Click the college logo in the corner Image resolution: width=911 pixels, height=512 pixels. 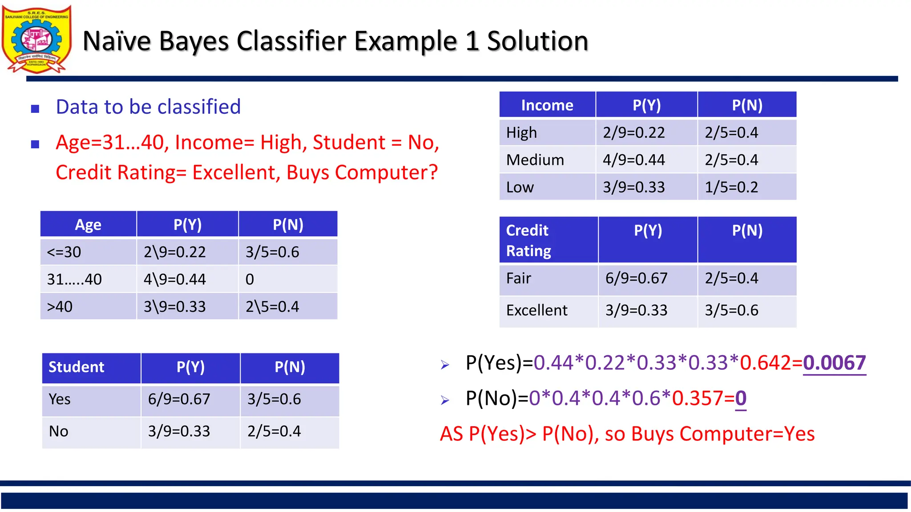click(36, 39)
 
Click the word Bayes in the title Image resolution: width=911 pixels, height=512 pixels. click(194, 41)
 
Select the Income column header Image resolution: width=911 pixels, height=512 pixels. click(547, 105)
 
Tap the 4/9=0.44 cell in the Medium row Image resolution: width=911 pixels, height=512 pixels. click(633, 160)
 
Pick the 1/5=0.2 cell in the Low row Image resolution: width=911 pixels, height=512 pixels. click(731, 187)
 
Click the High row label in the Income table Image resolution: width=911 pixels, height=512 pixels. click(521, 133)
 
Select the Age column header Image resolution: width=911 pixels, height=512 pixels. click(88, 225)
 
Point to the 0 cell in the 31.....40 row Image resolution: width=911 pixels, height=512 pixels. click(250, 280)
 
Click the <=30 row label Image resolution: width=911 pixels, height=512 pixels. click(64, 252)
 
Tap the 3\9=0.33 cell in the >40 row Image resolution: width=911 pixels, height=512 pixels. click(174, 307)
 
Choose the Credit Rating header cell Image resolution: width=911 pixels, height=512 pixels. click(528, 240)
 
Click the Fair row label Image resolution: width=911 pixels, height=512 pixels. click(519, 279)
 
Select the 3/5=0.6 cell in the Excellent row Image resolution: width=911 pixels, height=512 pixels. click(731, 310)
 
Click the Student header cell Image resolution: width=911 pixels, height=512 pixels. click(76, 367)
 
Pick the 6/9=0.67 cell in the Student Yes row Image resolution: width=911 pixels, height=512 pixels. click(179, 399)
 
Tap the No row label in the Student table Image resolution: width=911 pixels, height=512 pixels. click(59, 432)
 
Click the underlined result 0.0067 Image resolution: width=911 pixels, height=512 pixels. click(834, 363)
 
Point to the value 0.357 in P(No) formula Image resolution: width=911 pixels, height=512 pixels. click(697, 398)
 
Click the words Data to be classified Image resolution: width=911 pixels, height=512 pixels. click(148, 107)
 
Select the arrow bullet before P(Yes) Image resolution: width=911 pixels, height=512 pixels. click(445, 365)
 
